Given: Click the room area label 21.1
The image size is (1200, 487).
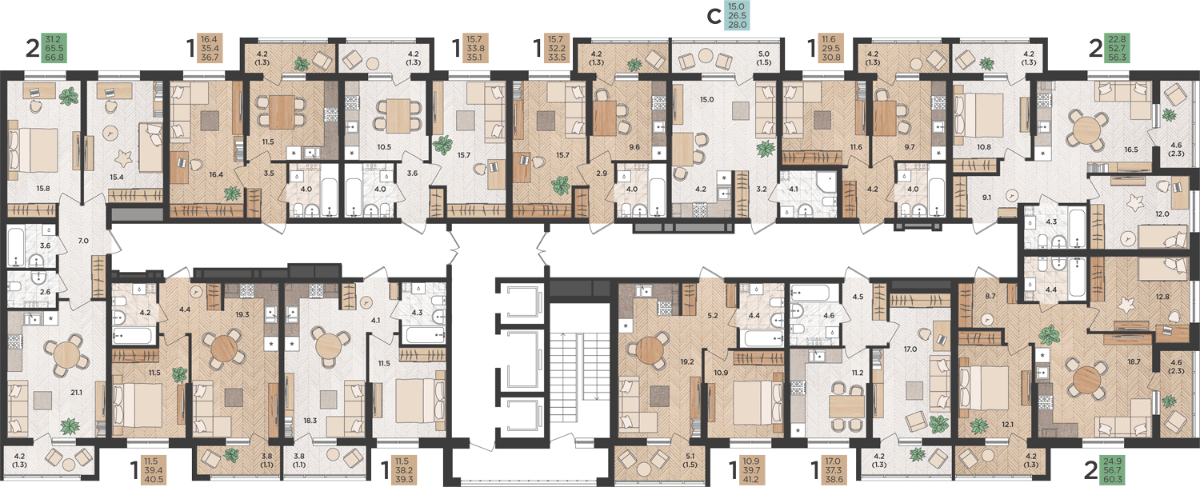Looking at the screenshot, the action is tap(77, 393).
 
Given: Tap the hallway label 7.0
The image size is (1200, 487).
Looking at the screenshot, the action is tap(83, 241).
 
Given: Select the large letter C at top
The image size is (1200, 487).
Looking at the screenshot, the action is tap(714, 17).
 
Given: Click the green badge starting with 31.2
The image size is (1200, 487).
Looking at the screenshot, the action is tap(54, 49).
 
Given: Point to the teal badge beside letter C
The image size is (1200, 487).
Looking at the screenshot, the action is tap(737, 15).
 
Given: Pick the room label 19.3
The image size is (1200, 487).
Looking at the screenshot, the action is tap(242, 314).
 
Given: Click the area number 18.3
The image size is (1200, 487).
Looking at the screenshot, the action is tap(310, 421).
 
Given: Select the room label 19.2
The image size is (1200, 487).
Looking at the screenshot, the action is tap(687, 361).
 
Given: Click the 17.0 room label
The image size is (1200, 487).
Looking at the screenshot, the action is tap(910, 349).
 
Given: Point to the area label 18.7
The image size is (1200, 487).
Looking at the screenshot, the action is tap(1134, 361).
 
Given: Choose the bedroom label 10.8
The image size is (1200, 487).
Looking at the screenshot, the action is tap(984, 147).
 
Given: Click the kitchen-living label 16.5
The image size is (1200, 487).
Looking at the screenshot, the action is tap(1131, 150).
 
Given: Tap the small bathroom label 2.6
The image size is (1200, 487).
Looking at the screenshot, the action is tap(46, 292).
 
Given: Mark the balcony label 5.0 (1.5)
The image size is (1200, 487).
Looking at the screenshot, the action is tap(764, 58).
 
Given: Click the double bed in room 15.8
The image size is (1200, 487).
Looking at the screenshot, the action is tap(34, 150).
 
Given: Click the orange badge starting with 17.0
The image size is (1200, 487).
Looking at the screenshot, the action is tap(833, 470).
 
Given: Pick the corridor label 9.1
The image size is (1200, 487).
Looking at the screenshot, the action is tap(986, 198).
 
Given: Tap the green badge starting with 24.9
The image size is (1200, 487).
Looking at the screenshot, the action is tap(1113, 470).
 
